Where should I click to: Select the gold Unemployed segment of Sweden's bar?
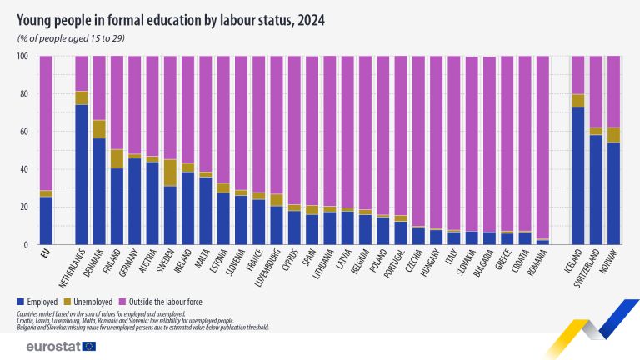(170, 172)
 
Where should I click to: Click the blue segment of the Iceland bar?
(578, 176)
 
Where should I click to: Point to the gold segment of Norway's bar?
(613, 135)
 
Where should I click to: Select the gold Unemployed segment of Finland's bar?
(117, 158)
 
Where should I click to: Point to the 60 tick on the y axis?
(22, 132)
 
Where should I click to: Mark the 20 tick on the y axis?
(22, 207)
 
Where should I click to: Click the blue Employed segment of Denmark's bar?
(99, 192)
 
